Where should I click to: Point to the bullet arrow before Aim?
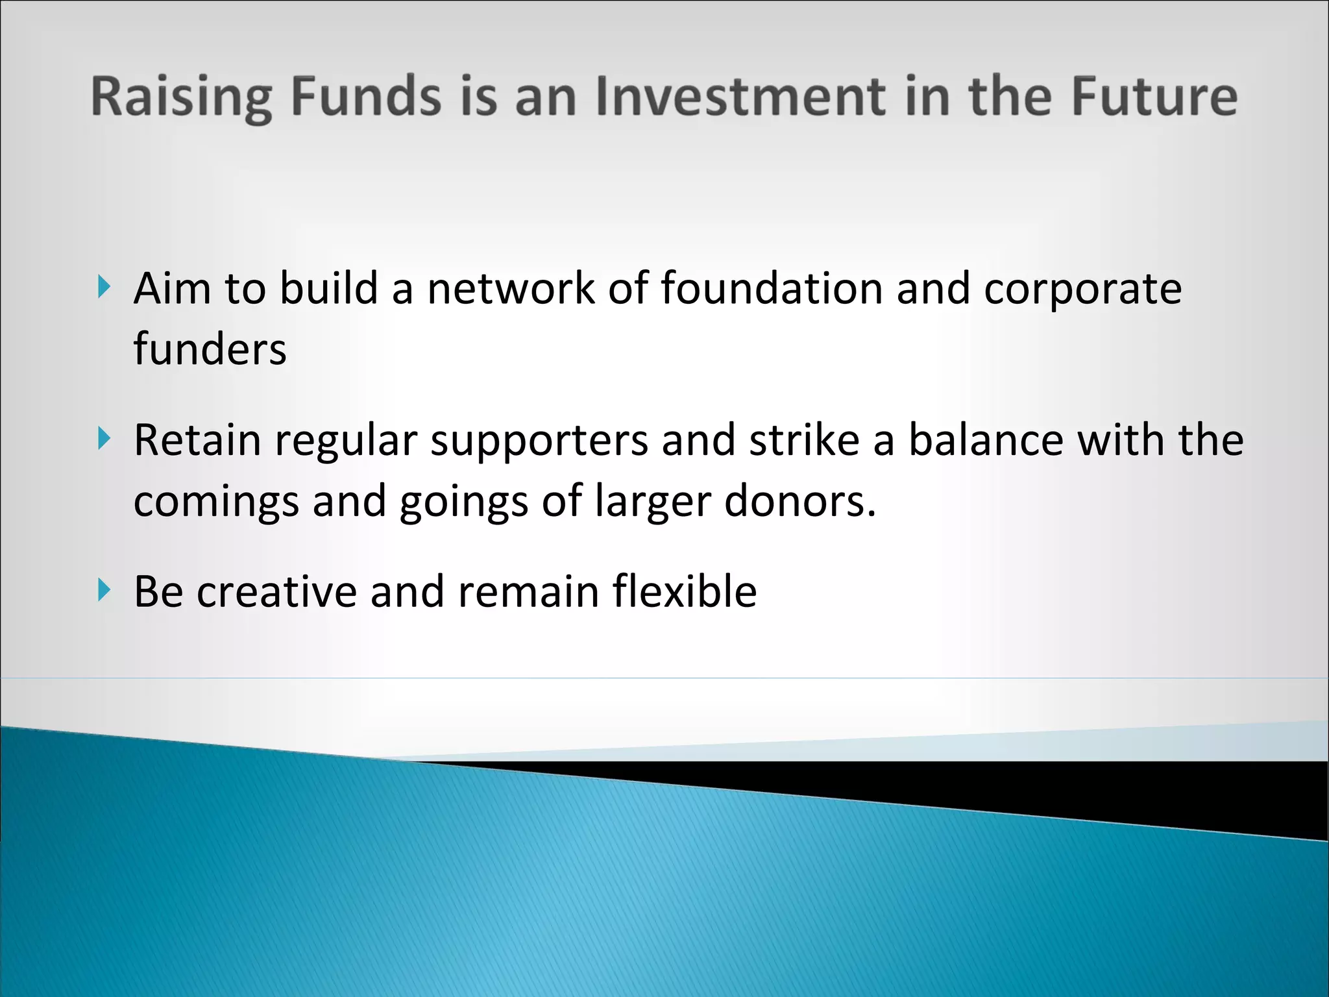(104, 286)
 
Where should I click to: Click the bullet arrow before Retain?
(104, 439)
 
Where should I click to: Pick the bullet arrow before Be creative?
(104, 591)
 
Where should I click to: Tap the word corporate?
(1082, 289)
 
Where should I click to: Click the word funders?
(210, 349)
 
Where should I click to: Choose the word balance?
(986, 440)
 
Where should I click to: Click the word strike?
(804, 440)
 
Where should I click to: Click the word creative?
(277, 592)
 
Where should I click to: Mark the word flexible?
(684, 592)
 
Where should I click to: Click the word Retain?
(197, 440)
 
